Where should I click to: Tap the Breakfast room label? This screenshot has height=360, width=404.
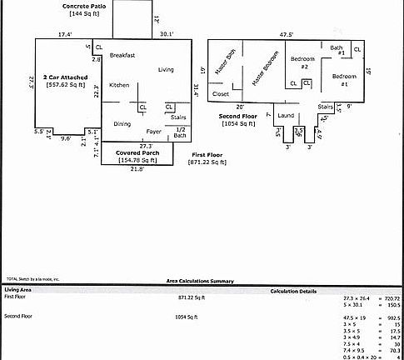(x=122, y=55)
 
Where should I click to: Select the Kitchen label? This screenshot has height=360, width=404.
(x=119, y=85)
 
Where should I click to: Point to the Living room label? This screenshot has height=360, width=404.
(x=166, y=69)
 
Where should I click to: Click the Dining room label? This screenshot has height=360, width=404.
(x=122, y=123)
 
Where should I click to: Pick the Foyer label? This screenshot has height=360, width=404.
(x=154, y=132)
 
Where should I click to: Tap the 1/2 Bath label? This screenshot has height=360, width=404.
(x=181, y=132)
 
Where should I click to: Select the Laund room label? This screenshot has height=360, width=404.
(x=286, y=115)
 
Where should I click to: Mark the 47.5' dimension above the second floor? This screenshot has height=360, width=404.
(x=286, y=34)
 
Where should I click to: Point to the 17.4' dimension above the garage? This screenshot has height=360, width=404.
(x=65, y=34)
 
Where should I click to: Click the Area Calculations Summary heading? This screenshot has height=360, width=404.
(x=200, y=282)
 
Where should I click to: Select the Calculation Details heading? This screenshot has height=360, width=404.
(x=292, y=291)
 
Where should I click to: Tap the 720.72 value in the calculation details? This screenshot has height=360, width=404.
(x=391, y=297)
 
